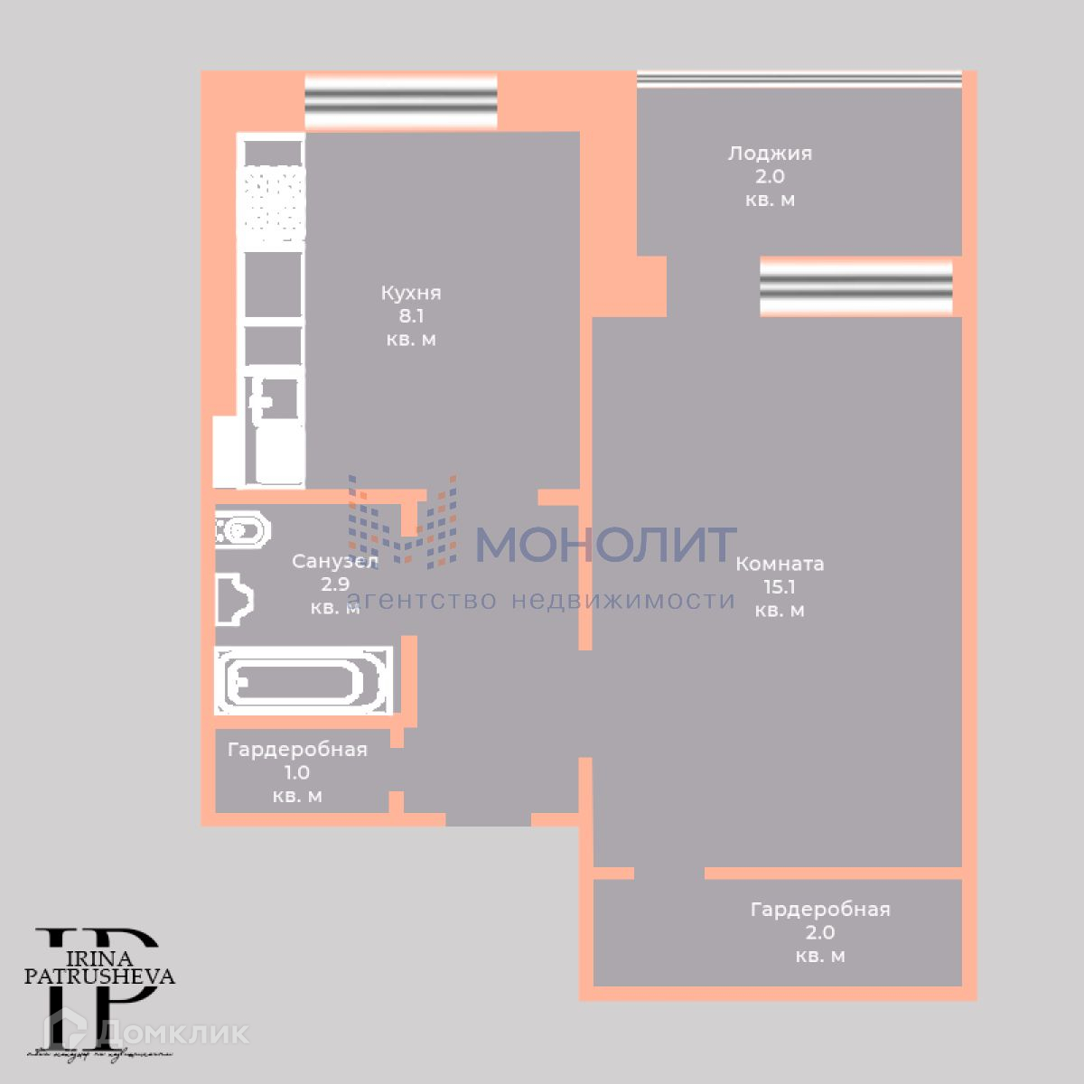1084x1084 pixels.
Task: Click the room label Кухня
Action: coord(411,293)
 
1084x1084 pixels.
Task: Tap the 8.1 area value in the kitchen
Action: coord(411,316)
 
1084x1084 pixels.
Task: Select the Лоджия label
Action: coord(770,154)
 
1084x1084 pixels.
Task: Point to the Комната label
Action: coord(780,564)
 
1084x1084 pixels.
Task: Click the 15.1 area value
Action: coord(780,587)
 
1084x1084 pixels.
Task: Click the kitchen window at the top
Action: coord(401,102)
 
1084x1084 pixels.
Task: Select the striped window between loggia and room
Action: coord(855,287)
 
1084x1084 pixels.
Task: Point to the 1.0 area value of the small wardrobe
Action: coord(297,773)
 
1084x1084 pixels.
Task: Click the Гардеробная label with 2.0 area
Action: coord(820,910)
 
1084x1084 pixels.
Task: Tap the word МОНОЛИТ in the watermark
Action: coord(605,544)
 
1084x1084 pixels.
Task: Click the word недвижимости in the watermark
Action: coord(623,600)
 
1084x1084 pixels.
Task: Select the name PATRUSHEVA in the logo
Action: coord(99,976)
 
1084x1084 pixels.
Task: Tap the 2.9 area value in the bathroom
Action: coord(335,584)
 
